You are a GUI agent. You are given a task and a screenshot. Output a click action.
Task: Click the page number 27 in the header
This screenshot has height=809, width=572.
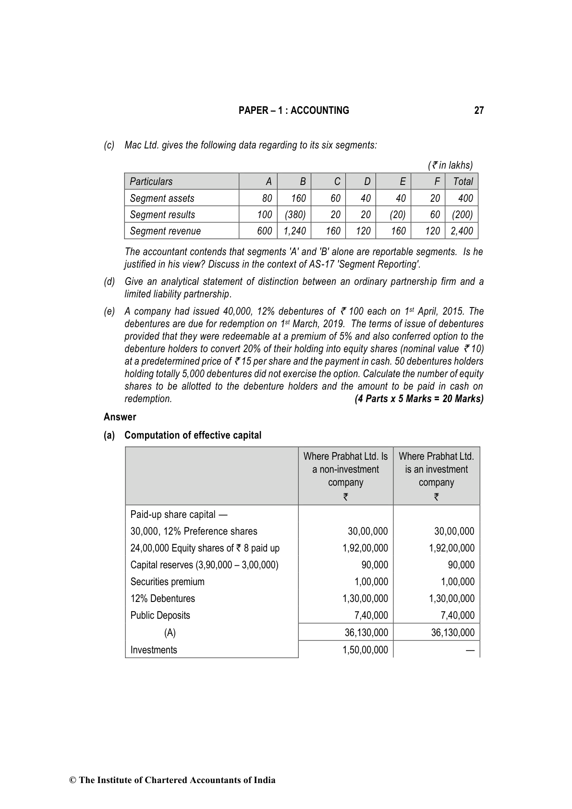pos(479,110)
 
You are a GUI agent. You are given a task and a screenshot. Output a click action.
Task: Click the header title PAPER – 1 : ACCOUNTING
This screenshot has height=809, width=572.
pos(293,110)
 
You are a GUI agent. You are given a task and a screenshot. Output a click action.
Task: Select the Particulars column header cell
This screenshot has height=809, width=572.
pos(151,182)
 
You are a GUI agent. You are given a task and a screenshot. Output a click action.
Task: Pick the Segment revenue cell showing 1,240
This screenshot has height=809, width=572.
pos(294,231)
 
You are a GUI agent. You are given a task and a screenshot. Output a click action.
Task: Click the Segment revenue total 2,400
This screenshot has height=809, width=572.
pos(462,231)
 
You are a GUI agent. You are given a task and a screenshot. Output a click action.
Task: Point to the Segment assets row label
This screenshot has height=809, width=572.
pos(162,198)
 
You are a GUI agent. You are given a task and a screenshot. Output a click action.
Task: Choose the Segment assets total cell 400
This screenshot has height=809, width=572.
pos(465,198)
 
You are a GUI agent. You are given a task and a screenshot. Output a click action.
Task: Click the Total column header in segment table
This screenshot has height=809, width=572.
pos(463,182)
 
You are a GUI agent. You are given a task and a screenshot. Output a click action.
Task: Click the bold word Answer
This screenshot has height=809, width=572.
pos(120,417)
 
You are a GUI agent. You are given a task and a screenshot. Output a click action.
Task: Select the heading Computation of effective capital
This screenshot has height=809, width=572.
pos(193,435)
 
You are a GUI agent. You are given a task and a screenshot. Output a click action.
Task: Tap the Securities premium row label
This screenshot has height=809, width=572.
pos(167,582)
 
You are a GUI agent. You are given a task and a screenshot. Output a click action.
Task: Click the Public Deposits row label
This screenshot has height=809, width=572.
pos(160,615)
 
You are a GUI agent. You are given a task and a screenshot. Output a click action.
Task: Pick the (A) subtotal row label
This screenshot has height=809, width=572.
pos(170,633)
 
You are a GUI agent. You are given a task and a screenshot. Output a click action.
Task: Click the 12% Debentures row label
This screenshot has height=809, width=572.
pos(162,599)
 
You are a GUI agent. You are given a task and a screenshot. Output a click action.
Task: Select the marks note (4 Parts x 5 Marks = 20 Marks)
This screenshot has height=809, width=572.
pos(419,399)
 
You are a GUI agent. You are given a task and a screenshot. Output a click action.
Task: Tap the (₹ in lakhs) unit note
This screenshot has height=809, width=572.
pos(450,165)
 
